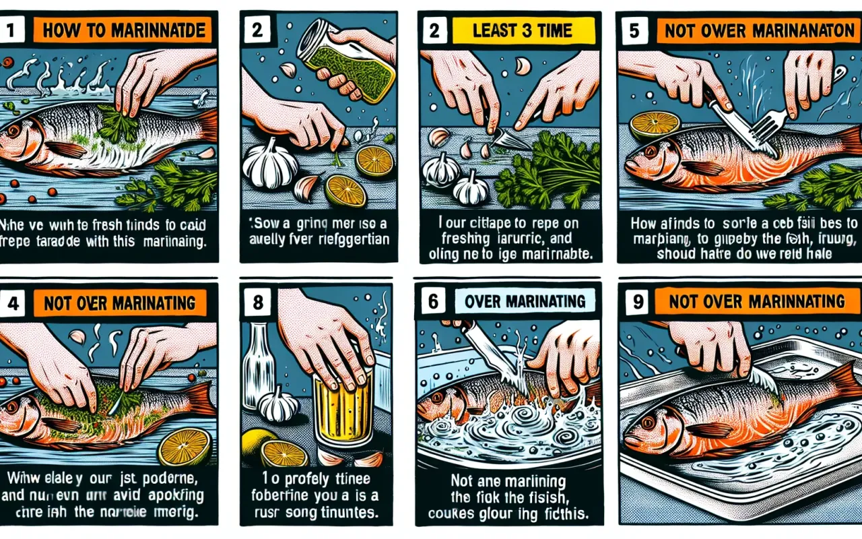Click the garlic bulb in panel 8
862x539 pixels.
tap(279, 404)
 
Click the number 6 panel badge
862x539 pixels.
tap(433, 301)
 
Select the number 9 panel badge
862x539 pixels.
tap(634, 301)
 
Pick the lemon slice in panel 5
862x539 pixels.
tap(655, 125)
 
